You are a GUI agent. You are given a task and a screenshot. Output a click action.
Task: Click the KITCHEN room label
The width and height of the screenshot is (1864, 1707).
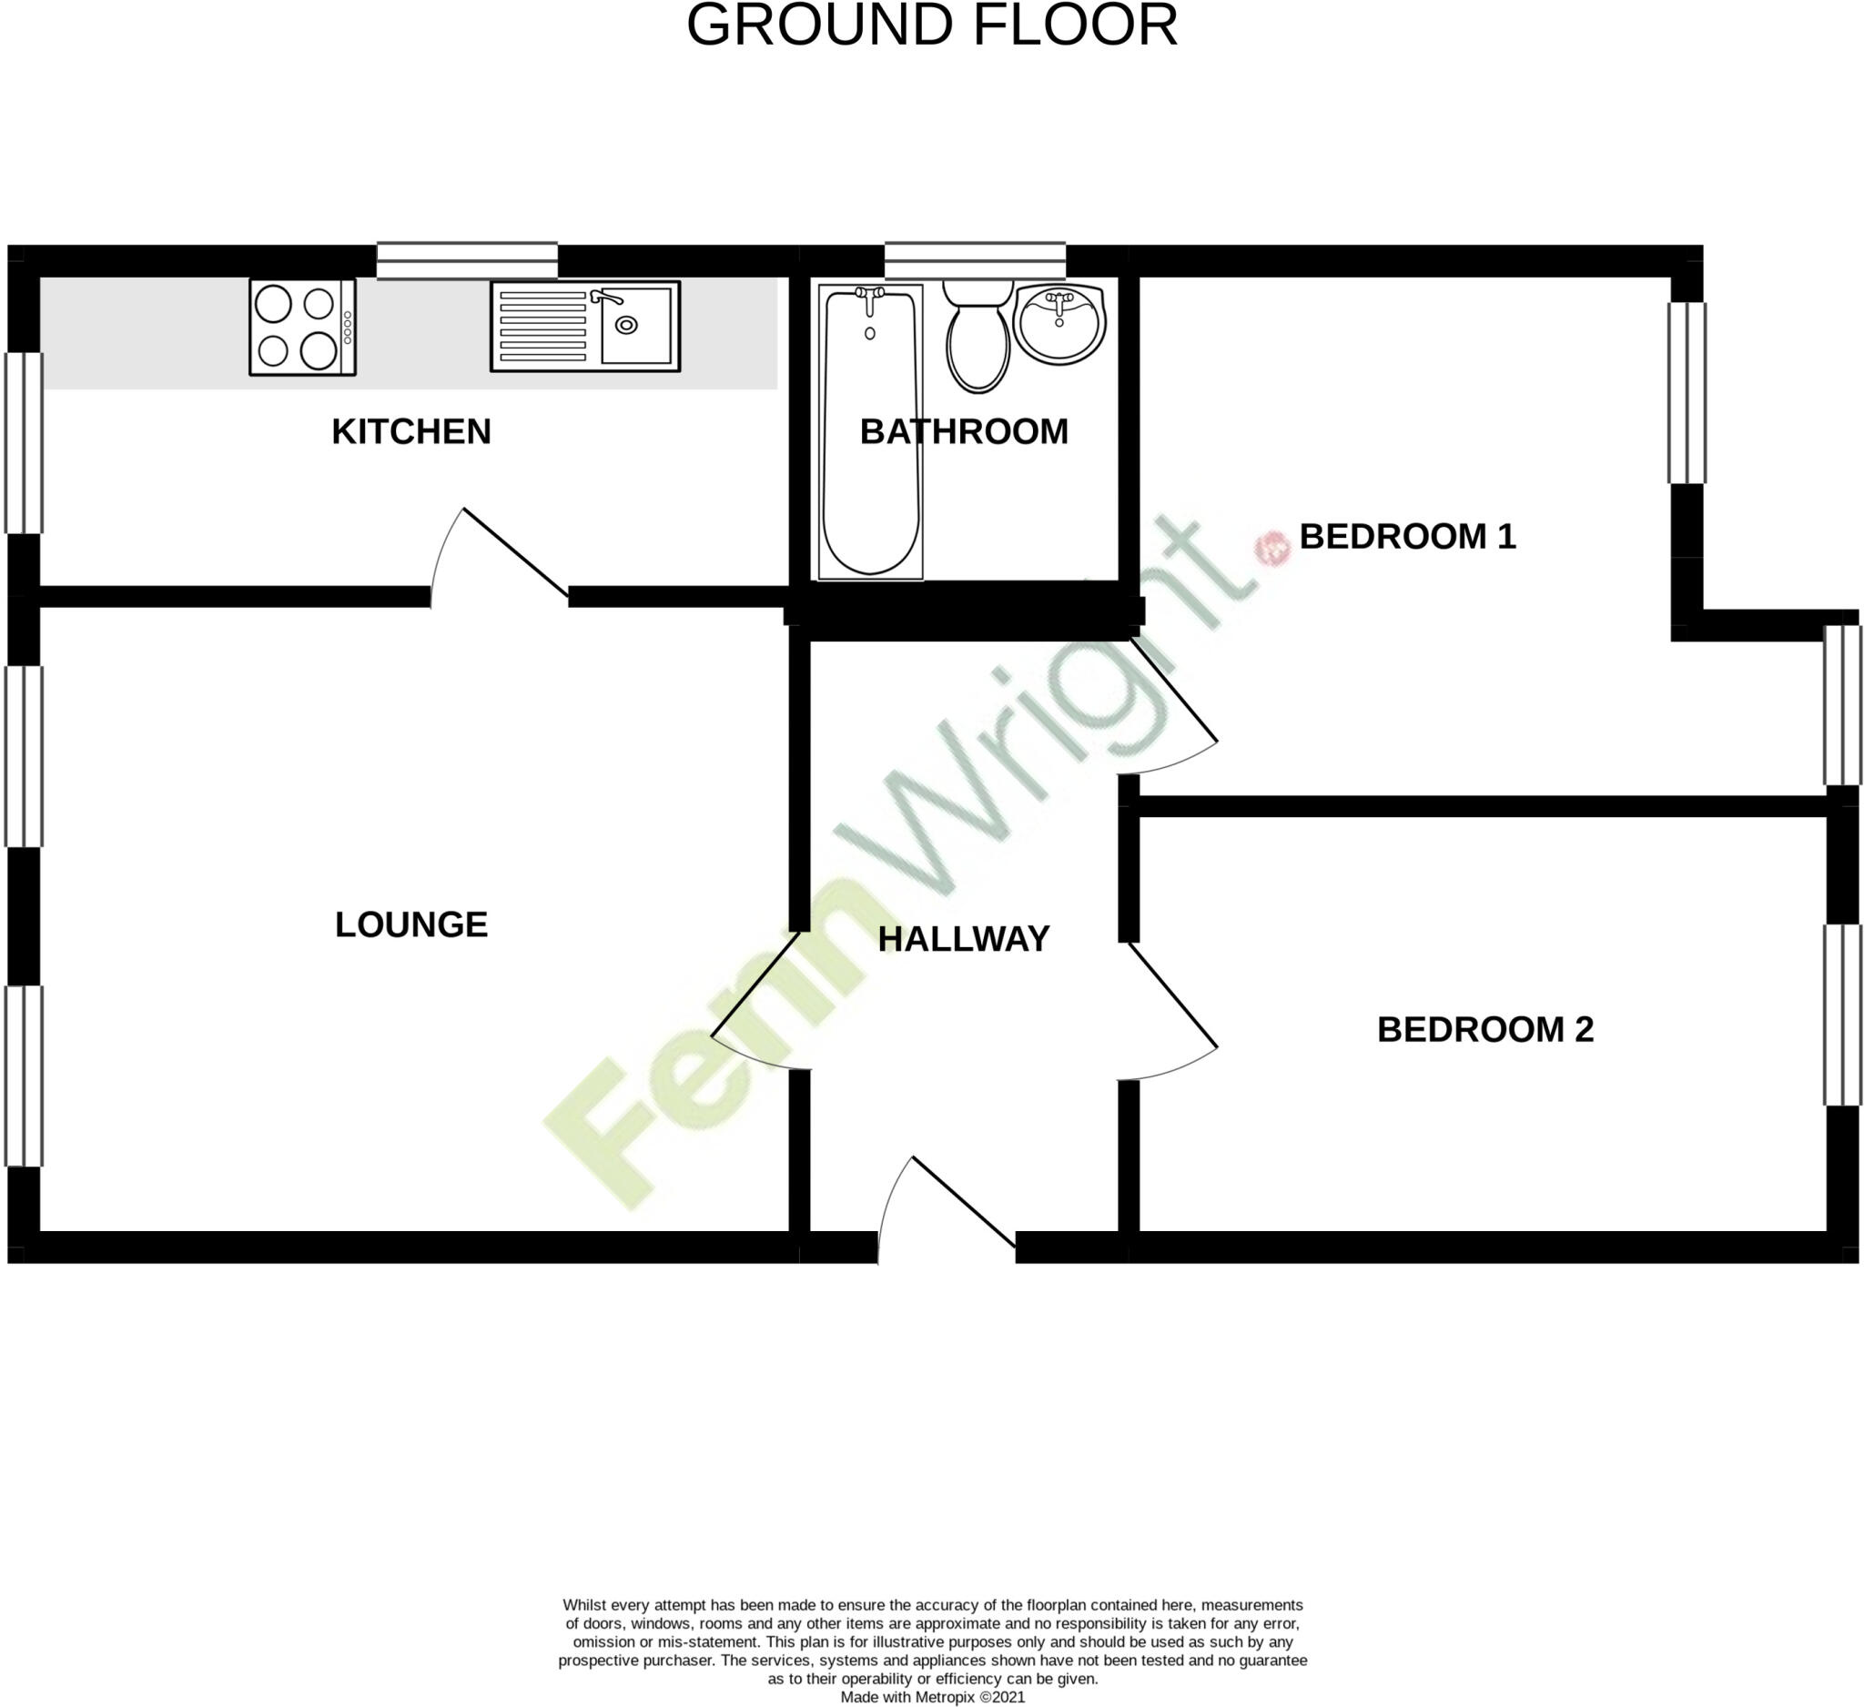coord(410,431)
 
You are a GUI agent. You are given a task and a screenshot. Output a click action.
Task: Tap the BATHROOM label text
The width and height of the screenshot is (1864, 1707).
coord(964,431)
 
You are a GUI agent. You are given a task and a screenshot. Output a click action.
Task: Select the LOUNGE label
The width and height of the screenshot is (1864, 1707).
coord(410,924)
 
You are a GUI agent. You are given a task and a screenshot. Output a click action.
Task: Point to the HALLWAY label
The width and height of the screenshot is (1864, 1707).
coord(964,939)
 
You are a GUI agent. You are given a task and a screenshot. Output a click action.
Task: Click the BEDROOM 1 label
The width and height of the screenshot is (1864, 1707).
coord(1407,536)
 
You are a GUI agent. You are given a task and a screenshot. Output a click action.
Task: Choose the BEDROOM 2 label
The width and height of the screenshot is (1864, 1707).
coord(1484,1029)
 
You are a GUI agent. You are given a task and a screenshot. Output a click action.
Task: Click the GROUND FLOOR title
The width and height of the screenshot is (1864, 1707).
coord(932,25)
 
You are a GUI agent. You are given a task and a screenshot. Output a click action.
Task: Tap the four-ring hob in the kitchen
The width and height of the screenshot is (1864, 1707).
coord(302,328)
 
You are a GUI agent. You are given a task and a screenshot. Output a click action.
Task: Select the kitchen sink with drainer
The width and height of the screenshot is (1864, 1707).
coord(584,327)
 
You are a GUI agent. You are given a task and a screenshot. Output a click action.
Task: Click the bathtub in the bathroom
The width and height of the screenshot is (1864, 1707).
coord(870,431)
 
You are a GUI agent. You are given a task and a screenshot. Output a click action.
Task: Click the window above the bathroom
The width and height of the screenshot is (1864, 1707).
coord(975,260)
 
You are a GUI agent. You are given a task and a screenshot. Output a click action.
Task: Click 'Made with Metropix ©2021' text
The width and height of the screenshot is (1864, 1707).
coord(932,1697)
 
